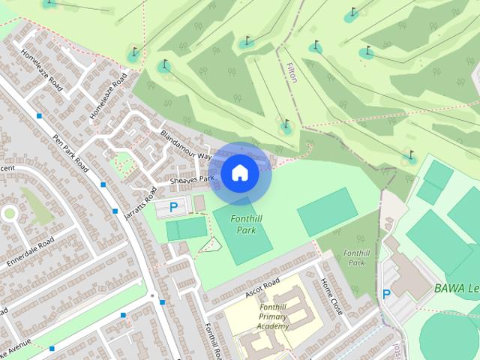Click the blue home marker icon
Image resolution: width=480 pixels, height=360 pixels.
click(x=238, y=173)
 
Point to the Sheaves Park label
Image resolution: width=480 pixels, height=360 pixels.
click(x=193, y=179)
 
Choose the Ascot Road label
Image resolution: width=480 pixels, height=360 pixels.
click(x=262, y=285)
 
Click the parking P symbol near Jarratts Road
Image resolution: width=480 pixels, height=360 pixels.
click(x=173, y=208)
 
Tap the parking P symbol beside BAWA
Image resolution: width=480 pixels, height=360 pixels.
click(x=387, y=295)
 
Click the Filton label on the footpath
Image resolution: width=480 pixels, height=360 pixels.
click(x=292, y=73)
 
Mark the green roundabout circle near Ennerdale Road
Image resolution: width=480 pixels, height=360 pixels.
click(x=10, y=214)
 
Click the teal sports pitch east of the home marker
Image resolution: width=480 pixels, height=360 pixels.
click(x=328, y=211)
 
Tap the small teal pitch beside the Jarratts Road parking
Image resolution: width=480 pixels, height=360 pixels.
click(x=186, y=228)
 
